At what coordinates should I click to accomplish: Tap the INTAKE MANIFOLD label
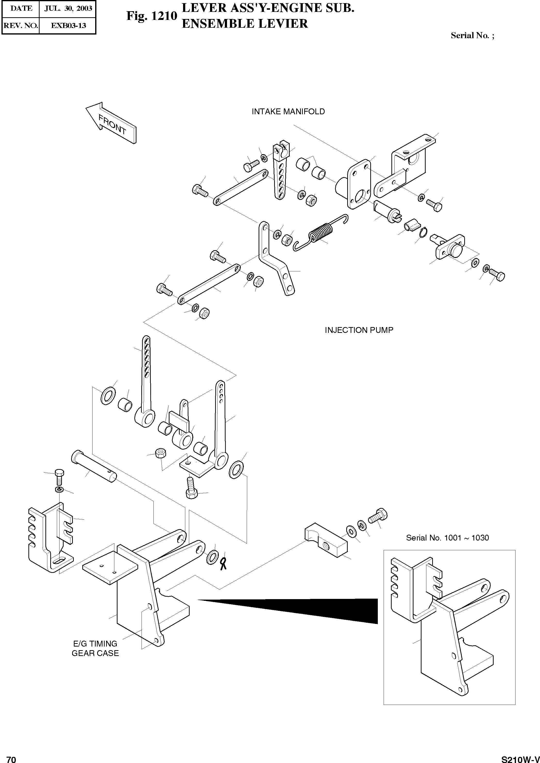[288, 112]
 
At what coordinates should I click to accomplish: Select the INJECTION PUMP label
[359, 330]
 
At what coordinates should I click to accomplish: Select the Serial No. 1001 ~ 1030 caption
[447, 538]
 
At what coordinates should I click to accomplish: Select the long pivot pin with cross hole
[94, 465]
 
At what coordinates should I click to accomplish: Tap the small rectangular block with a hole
[326, 543]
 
